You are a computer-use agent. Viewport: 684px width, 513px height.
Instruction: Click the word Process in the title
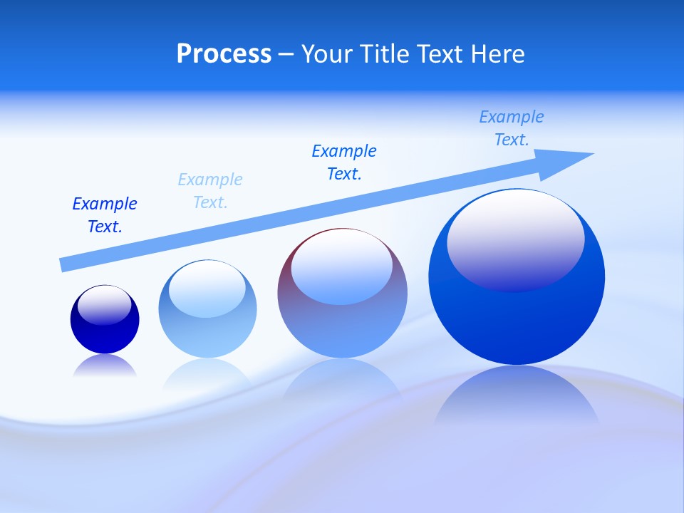pyautogui.click(x=224, y=54)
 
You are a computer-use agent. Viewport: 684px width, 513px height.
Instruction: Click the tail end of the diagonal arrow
pyautogui.click(x=66, y=264)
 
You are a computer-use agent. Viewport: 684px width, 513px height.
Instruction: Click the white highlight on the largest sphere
pyautogui.click(x=516, y=239)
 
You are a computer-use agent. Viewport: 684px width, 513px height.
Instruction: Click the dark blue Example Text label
pyautogui.click(x=105, y=215)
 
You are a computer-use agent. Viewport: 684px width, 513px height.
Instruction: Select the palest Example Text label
pyautogui.click(x=210, y=191)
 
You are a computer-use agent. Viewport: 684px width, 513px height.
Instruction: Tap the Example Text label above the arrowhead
pyautogui.click(x=512, y=128)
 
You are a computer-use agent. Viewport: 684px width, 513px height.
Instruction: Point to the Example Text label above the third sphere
pyautogui.click(x=344, y=162)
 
